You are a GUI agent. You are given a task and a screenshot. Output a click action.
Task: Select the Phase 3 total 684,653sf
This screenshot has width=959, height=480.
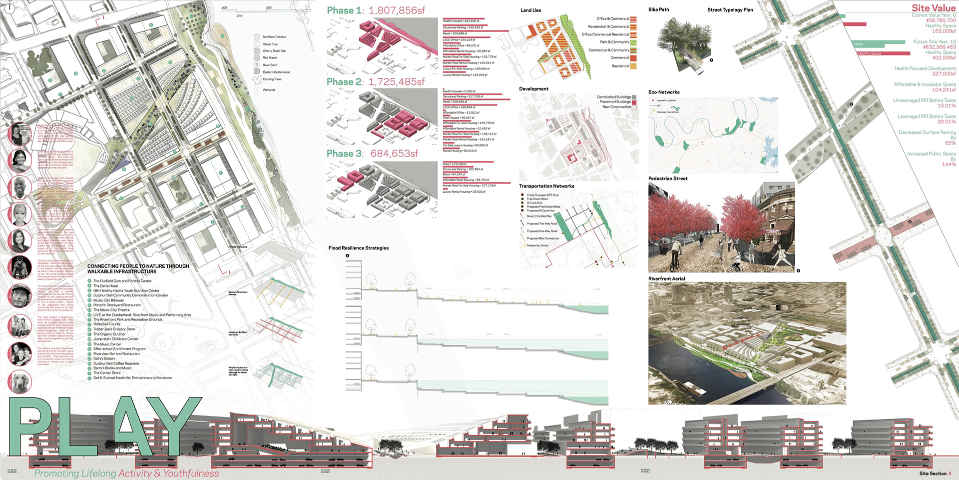click(394, 153)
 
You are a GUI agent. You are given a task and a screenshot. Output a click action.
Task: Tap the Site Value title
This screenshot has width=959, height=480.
click(933, 7)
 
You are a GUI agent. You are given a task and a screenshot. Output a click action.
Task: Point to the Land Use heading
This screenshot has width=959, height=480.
click(530, 10)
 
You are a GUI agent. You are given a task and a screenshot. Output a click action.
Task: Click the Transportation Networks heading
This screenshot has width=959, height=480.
click(546, 186)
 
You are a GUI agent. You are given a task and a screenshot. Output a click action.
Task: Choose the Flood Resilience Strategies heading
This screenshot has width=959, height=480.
click(358, 248)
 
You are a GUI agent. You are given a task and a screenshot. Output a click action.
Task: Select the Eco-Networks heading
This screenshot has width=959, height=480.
click(664, 92)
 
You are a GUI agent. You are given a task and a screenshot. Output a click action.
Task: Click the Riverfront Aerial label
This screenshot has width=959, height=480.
click(666, 278)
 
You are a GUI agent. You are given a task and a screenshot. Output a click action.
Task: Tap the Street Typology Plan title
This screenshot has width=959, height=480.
click(730, 9)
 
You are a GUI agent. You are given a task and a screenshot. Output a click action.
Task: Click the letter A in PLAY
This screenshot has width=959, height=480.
click(127, 425)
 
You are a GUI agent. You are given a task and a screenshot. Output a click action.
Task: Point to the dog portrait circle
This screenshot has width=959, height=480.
click(20, 382)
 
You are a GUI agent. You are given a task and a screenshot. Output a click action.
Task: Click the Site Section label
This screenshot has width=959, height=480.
click(933, 473)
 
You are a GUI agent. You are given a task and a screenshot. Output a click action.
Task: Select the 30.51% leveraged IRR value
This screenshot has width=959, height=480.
click(947, 121)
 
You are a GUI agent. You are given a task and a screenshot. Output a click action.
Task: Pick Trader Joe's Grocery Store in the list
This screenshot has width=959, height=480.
click(114, 329)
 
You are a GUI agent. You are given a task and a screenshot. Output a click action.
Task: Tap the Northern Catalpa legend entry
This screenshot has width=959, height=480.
click(274, 37)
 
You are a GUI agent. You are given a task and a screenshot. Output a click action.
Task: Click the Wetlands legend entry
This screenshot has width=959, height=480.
click(269, 90)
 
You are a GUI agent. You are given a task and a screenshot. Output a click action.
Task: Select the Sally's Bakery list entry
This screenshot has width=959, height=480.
click(104, 358)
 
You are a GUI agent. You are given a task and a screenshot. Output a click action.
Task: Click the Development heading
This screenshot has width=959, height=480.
click(533, 89)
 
